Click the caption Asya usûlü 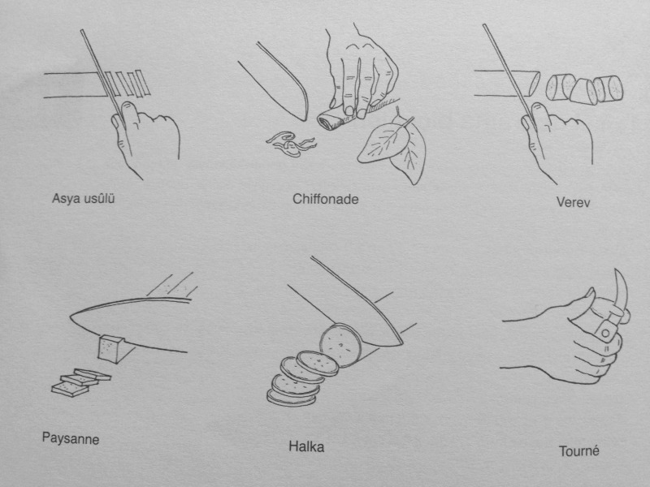point(84,198)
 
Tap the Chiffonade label point(326,199)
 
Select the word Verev point(573,202)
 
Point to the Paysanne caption point(71,438)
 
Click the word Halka point(306,447)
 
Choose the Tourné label point(578,450)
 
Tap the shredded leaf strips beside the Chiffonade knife point(291,144)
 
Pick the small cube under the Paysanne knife point(111,348)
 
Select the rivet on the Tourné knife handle point(606,333)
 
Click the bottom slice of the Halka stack point(291,399)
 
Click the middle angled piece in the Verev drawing point(583,92)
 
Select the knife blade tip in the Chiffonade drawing point(306,119)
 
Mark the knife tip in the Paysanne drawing point(71,318)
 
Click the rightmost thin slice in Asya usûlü point(142,83)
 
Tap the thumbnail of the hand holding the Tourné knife point(589,294)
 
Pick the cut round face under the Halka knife point(340,346)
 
